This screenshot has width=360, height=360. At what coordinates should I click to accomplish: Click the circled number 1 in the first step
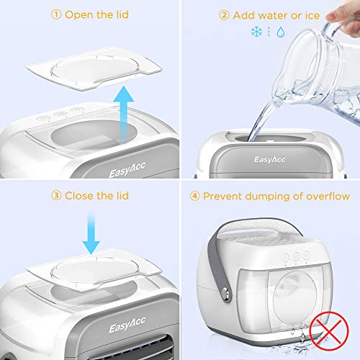point(56,15)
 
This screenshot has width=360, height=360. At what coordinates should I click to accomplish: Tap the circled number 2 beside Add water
point(224,16)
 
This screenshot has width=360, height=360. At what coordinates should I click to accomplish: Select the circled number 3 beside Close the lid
point(56,196)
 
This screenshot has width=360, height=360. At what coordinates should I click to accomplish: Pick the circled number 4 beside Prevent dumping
point(194,197)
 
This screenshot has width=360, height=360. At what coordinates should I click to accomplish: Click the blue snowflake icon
point(256,32)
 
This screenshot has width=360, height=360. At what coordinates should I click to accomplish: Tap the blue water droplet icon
point(281,32)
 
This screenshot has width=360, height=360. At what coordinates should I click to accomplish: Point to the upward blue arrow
point(123,113)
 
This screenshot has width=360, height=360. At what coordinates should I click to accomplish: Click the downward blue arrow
point(91,233)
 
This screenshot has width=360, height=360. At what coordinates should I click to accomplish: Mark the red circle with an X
point(329,331)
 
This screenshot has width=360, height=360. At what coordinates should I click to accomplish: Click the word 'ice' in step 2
point(312,16)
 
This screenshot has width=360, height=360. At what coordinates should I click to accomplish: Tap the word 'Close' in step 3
point(79,196)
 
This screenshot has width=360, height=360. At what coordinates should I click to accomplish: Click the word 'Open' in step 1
point(79,15)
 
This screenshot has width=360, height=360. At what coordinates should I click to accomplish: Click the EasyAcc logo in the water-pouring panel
point(270,160)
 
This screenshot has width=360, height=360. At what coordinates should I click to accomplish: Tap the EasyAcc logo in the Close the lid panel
point(127,325)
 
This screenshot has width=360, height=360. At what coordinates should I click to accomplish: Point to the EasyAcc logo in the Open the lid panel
point(127,170)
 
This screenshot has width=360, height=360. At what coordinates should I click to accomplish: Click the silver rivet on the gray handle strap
point(225,293)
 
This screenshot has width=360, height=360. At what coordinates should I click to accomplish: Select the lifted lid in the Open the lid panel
point(94,69)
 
